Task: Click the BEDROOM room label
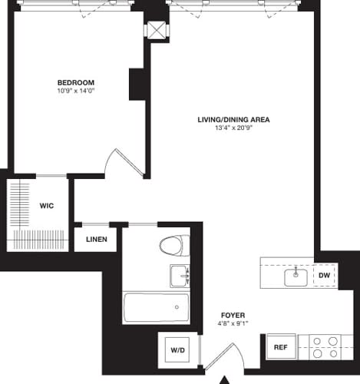75,82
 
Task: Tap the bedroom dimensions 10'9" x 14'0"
75,91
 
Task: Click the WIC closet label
47,205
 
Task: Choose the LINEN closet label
96,239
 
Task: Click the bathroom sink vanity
179,275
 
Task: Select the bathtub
156,307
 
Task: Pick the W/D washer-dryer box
177,350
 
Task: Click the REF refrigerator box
281,347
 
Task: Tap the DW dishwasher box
324,275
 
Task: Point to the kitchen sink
296,276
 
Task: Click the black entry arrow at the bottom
226,379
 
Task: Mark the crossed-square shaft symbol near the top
157,29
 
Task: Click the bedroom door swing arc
123,163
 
